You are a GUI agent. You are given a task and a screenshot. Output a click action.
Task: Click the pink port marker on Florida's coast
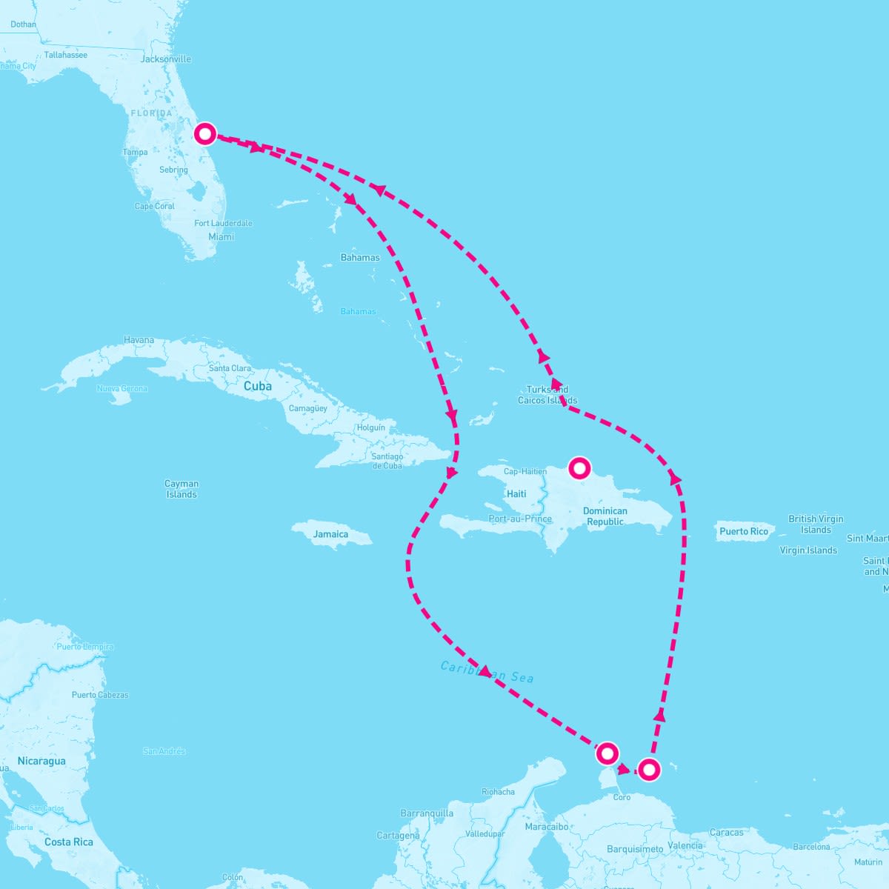pyautogui.click(x=205, y=134)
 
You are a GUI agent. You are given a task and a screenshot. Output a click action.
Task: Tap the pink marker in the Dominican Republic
pyautogui.click(x=579, y=468)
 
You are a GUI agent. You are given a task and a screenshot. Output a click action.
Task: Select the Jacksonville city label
pyautogui.click(x=166, y=59)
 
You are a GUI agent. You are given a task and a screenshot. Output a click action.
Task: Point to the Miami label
pyautogui.click(x=221, y=237)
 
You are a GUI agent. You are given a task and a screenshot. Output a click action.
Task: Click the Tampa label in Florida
pyautogui.click(x=135, y=153)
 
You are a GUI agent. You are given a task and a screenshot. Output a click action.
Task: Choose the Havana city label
pyautogui.click(x=139, y=341)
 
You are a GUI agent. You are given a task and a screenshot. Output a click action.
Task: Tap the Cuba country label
pyautogui.click(x=258, y=386)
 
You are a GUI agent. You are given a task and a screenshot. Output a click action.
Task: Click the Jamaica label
pyautogui.click(x=330, y=534)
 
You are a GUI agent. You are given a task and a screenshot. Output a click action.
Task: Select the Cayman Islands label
pyautogui.click(x=182, y=489)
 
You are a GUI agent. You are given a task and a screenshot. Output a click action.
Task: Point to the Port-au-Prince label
pyautogui.click(x=520, y=519)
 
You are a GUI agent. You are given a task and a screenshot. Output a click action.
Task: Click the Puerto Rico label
pyautogui.click(x=744, y=531)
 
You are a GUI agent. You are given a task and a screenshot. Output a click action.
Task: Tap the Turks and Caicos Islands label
pyautogui.click(x=547, y=395)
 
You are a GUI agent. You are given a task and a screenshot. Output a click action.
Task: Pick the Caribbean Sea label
pyautogui.click(x=487, y=671)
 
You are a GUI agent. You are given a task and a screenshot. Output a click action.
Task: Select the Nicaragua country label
pyautogui.click(x=41, y=761)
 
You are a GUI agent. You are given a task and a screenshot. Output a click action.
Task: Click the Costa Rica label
pyautogui.click(x=68, y=842)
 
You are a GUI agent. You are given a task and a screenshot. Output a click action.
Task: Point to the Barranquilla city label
pyautogui.click(x=427, y=813)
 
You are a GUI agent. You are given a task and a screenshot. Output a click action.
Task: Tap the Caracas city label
pyautogui.click(x=726, y=833)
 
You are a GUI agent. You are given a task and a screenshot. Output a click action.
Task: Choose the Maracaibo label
pyautogui.click(x=547, y=827)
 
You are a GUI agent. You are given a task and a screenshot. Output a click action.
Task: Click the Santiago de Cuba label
pyautogui.click(x=387, y=461)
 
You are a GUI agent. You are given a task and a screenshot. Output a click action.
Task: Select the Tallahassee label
pyautogui.click(x=65, y=55)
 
